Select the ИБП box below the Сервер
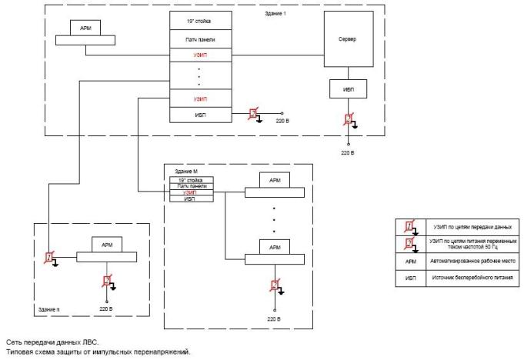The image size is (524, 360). pos(348,88)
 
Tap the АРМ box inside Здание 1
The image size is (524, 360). pos(85,28)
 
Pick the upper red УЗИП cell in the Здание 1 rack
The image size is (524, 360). pos(199,55)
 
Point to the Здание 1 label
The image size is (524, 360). pos(275,14)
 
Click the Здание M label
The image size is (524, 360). pos(186,171)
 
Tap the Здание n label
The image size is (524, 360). pos(48,308)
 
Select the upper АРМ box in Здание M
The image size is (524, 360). pos(275,180)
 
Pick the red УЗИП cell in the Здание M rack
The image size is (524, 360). pos(192,192)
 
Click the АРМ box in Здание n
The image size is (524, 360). pos(106,244)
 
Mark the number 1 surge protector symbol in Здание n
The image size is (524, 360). pos(49,257)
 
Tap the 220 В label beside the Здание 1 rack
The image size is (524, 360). pos(282,122)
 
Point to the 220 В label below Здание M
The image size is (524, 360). pos(275,317)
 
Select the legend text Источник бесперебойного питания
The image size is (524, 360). pos(477,277)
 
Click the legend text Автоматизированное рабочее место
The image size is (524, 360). pos(477,260)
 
